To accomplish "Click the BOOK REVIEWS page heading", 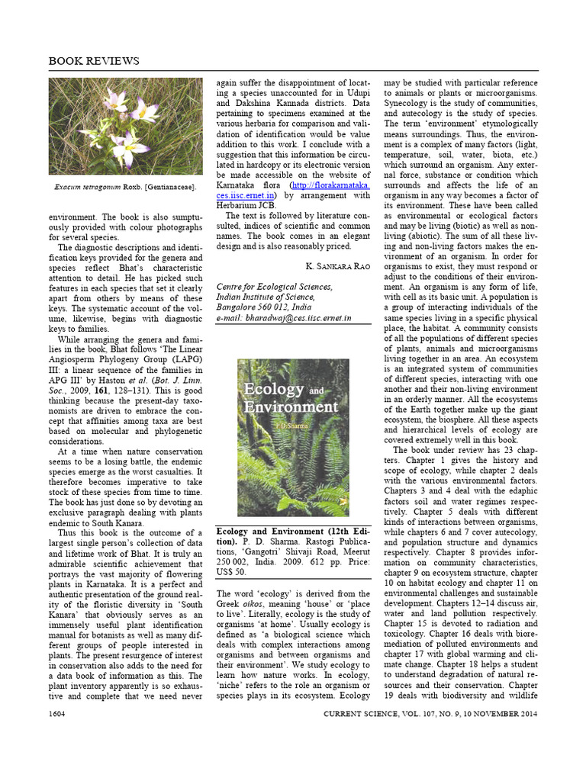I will [x=94, y=60].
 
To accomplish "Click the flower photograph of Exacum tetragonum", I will [x=126, y=126].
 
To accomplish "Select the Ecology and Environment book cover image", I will [x=293, y=438].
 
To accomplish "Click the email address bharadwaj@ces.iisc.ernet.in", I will [x=284, y=317].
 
